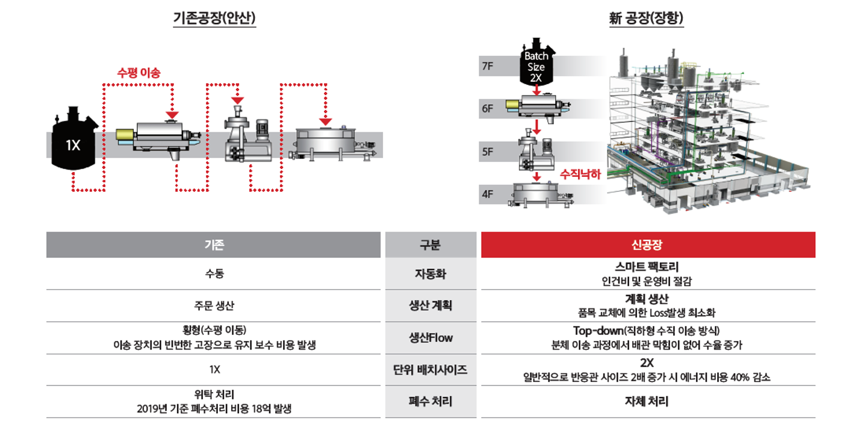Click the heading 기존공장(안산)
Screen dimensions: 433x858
click(x=214, y=19)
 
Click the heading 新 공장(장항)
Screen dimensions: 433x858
click(x=646, y=19)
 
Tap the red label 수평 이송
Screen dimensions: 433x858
click(x=138, y=73)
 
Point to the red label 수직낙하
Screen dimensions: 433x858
click(x=580, y=174)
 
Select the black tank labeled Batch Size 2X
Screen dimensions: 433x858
click(x=535, y=63)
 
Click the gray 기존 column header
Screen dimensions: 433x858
click(x=214, y=245)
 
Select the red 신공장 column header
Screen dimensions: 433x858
click(x=648, y=245)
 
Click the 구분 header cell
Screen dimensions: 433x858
click(x=431, y=245)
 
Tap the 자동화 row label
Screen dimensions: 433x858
click(x=431, y=274)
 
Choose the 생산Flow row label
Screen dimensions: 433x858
click(x=431, y=338)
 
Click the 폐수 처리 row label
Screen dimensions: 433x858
click(x=431, y=401)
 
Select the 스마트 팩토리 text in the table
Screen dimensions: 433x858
click(x=648, y=266)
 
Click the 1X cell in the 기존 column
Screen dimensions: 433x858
click(x=214, y=370)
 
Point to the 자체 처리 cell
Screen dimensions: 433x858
click(x=648, y=401)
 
